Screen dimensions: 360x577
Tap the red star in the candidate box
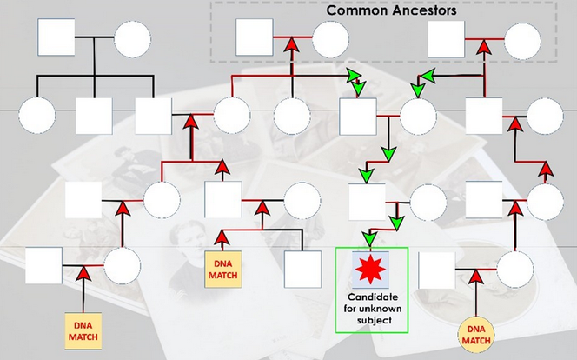[371, 270]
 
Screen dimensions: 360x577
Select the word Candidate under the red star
[371, 297]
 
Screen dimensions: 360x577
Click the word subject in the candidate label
[371, 320]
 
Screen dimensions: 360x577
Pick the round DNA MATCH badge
[474, 335]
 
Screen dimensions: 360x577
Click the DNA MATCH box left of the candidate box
[221, 269]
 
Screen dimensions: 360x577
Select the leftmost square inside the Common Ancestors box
[255, 37]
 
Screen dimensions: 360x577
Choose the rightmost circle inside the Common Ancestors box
[524, 40]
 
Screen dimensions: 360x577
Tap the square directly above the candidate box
[367, 201]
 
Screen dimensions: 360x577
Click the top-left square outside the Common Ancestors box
[55, 38]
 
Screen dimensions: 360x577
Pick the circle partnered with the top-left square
[132, 39]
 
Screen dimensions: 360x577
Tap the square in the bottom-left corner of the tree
[43, 265]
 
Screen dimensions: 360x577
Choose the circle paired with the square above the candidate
[428, 203]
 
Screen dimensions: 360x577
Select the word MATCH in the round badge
[474, 341]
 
